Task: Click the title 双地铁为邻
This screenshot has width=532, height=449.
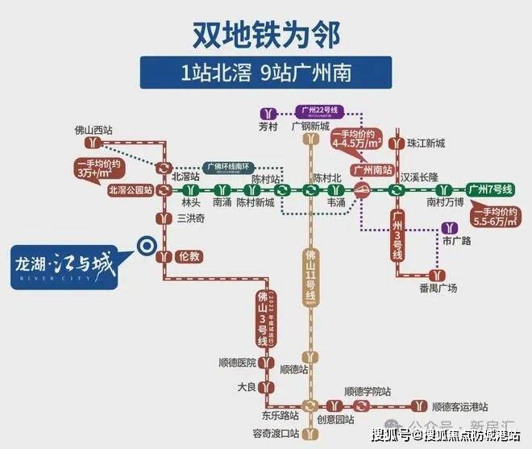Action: coord(266,34)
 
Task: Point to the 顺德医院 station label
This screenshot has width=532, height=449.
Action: coord(237,363)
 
